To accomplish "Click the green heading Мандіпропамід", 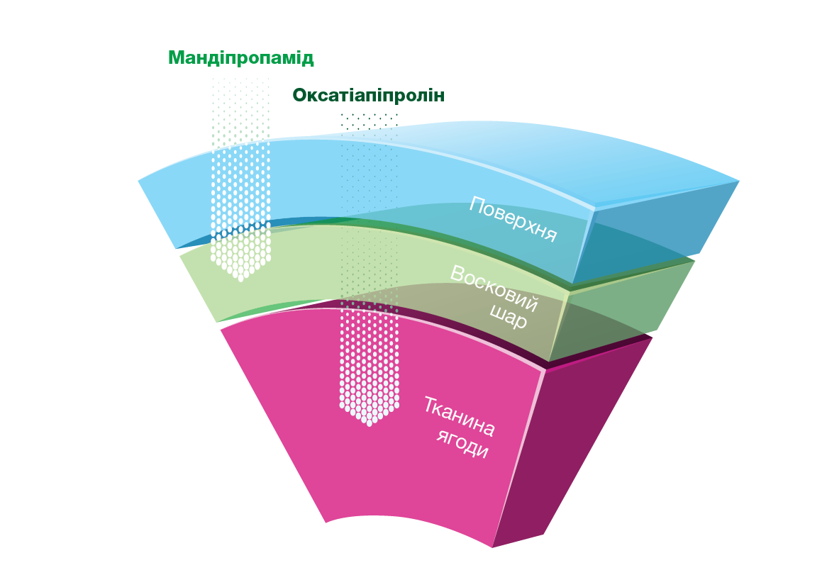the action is coord(240,57).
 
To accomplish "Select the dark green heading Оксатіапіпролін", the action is coord(369,96).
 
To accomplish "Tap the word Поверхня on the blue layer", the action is coord(512,219).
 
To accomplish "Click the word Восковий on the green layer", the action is coord(494,289).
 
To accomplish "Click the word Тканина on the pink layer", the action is coord(459,417).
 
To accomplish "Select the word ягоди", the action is coord(463,445).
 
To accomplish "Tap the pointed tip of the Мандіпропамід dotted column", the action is coord(240,279).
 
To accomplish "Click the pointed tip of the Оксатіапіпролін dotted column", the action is coord(369,423).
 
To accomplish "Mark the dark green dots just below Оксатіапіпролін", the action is coord(369,121).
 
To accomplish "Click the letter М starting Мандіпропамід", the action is coord(176,57).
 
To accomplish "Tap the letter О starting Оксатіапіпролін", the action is coord(300,96).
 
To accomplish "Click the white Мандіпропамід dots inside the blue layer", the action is coord(240,186).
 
